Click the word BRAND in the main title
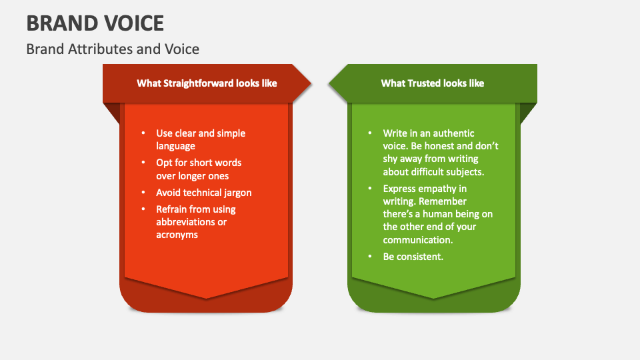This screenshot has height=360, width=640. pyautogui.click(x=60, y=23)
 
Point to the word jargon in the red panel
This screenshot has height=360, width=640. pyautogui.click(x=235, y=193)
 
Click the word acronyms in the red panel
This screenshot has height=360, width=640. pyautogui.click(x=177, y=235)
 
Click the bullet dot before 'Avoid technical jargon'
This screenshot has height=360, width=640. pyautogui.click(x=143, y=193)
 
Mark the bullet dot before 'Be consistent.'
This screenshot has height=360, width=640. pyautogui.click(x=370, y=257)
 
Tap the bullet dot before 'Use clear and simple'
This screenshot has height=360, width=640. pyautogui.click(x=143, y=133)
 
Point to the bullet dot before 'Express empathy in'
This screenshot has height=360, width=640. pyautogui.click(x=370, y=189)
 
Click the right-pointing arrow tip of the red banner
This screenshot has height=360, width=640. pyautogui.click(x=309, y=83)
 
